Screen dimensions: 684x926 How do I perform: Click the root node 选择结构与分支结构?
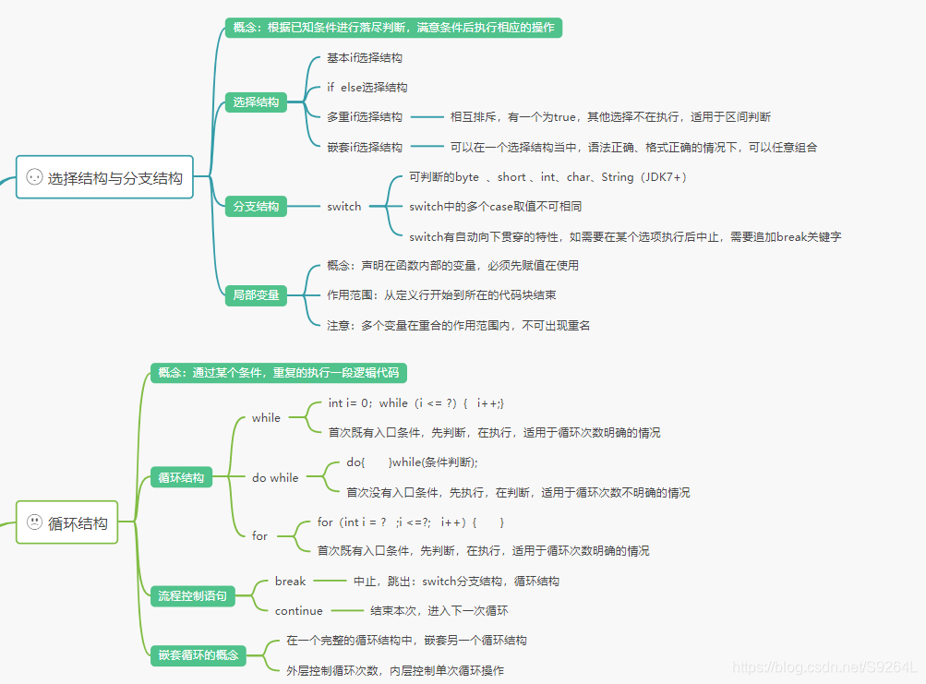(x=105, y=177)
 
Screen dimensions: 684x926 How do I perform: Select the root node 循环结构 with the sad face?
(x=68, y=522)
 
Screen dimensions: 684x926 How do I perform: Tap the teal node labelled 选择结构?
(x=256, y=102)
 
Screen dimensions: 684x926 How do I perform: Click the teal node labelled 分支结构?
(x=256, y=206)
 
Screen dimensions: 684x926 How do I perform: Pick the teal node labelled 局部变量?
(x=256, y=295)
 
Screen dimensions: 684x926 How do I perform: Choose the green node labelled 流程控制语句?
(x=192, y=596)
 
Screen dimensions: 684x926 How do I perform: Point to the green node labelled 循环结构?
(x=181, y=477)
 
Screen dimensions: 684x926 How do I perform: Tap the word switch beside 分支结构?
(x=344, y=206)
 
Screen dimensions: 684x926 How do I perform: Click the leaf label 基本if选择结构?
(x=365, y=57)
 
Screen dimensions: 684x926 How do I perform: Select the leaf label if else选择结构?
(x=367, y=87)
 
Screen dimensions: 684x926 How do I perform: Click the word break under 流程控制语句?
(x=290, y=581)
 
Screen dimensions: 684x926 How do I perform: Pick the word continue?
(x=299, y=610)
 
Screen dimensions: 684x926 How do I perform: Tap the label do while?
(x=275, y=477)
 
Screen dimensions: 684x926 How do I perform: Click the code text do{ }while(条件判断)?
(x=412, y=462)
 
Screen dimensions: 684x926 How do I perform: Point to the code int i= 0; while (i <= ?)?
(x=415, y=402)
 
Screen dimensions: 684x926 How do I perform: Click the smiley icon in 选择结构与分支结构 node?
(x=34, y=177)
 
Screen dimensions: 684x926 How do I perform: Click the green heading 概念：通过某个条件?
(x=279, y=373)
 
